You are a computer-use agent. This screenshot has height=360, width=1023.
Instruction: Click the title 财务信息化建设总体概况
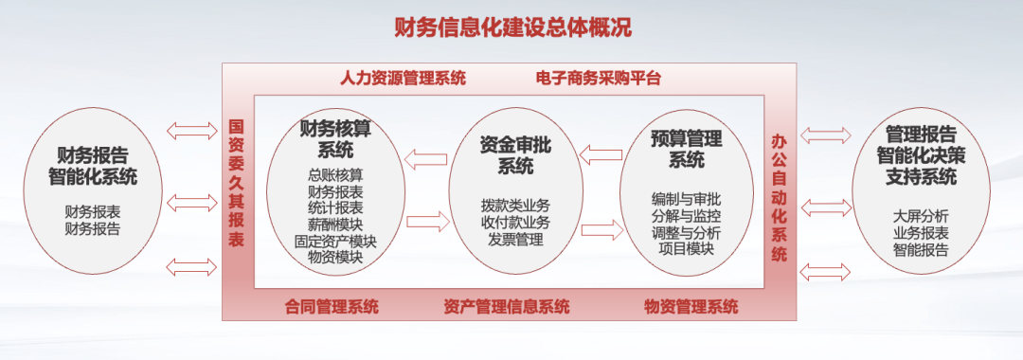click(x=512, y=28)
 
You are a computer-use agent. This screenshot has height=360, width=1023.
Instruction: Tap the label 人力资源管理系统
click(x=404, y=79)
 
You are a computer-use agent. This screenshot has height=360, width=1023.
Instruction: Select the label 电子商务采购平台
click(x=599, y=79)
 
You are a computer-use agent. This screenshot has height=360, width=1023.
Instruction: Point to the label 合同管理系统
click(x=332, y=306)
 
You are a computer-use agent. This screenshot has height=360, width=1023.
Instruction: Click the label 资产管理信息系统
click(x=506, y=306)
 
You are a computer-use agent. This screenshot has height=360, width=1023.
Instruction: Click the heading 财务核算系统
click(x=335, y=139)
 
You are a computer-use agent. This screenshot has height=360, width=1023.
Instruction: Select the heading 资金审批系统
click(x=515, y=155)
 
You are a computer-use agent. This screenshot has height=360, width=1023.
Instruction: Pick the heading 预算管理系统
click(x=687, y=149)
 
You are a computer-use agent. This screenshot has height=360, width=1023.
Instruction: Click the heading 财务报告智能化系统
click(x=93, y=166)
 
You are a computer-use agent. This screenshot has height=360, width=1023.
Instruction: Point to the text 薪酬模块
click(x=335, y=225)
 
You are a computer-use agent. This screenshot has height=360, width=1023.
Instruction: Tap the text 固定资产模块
click(x=335, y=241)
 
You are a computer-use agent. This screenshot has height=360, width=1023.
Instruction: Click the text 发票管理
click(x=515, y=240)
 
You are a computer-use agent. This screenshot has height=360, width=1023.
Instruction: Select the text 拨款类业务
click(x=515, y=206)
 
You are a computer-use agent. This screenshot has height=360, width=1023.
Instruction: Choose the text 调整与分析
click(x=687, y=233)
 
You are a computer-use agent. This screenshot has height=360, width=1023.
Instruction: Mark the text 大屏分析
click(x=921, y=217)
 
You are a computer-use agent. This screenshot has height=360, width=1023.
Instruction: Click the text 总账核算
click(x=335, y=174)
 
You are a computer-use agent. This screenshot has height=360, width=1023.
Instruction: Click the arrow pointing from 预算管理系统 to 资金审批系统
click(x=601, y=155)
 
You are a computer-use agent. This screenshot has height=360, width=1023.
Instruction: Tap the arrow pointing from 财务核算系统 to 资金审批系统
click(x=428, y=221)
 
